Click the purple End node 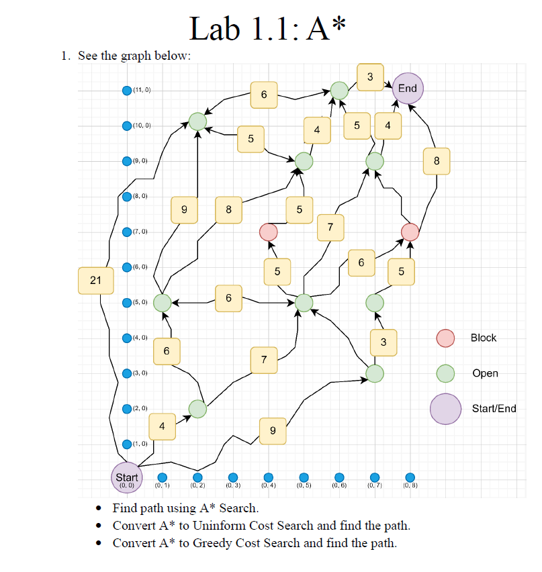click(x=408, y=89)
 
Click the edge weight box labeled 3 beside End click(x=371, y=77)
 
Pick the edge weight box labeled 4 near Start click(x=162, y=426)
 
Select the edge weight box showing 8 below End click(x=437, y=160)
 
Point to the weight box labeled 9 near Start click(x=272, y=430)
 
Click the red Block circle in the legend click(x=446, y=338)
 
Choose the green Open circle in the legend click(x=446, y=373)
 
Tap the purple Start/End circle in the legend click(x=445, y=409)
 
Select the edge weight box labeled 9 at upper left click(x=184, y=209)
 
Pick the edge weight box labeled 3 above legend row click(x=383, y=342)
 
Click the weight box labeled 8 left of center click(x=229, y=209)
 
